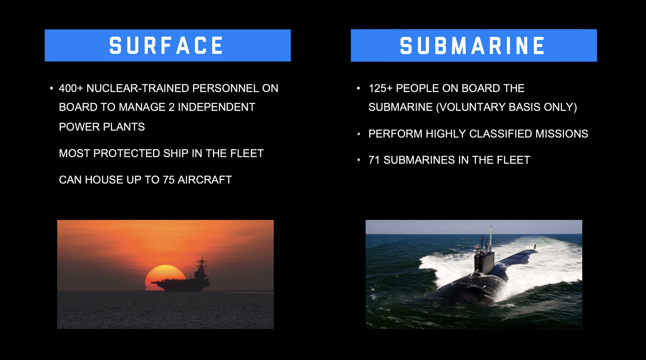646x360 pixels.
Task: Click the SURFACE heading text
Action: [166, 45]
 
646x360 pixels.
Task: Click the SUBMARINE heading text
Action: [472, 46]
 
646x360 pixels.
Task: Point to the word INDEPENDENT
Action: [216, 107]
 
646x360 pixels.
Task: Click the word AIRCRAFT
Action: [205, 180]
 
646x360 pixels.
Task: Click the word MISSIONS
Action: [562, 134]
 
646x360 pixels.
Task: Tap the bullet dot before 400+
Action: [51, 88]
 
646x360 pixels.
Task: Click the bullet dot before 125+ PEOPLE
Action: [358, 88]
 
